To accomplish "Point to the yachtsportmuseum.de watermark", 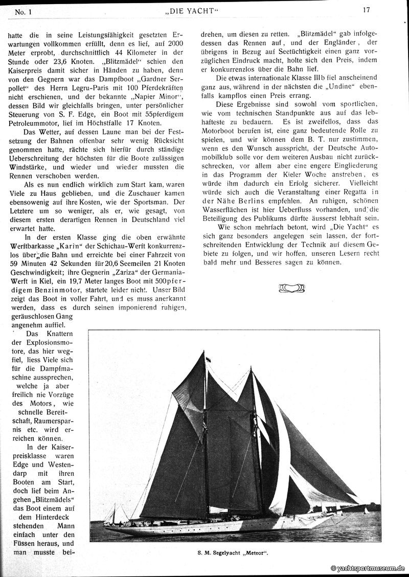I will tap(368, 568).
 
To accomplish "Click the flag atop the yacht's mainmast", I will tap(208, 360).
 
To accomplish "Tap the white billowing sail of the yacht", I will tap(284, 450).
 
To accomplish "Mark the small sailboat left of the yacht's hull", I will tap(113, 513).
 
